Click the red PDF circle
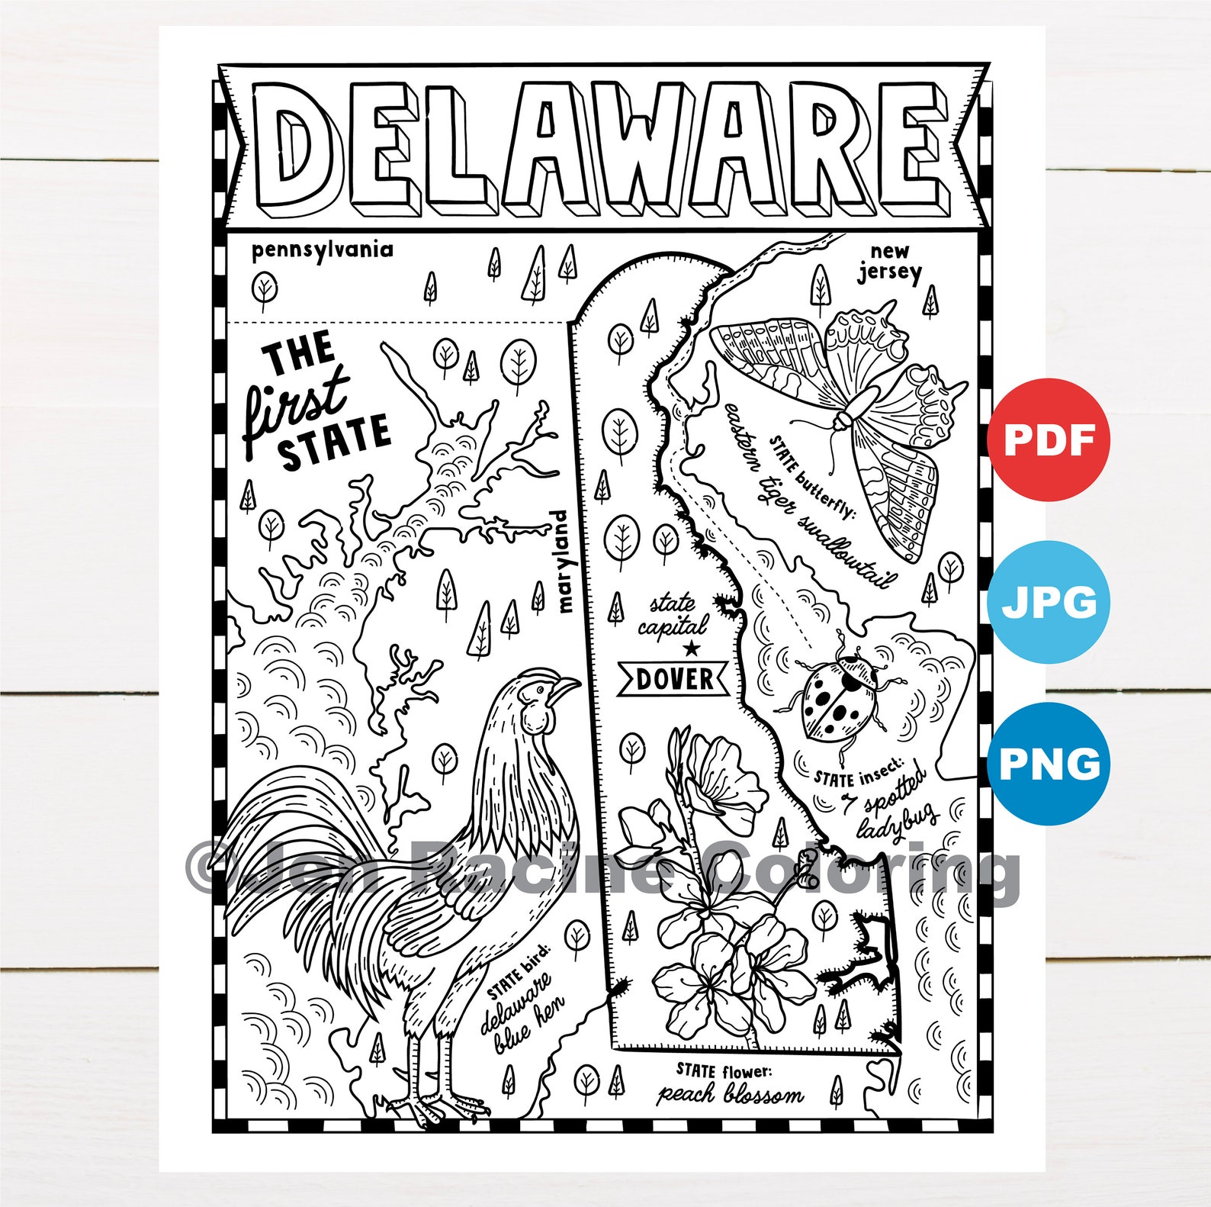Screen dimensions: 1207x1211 tap(1049, 439)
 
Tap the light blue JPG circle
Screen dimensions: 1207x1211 tap(1049, 602)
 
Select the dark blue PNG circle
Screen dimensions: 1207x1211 tap(1049, 764)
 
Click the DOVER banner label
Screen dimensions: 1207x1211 tap(674, 678)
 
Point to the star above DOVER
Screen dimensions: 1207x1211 tap(691, 649)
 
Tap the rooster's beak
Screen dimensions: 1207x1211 tap(565, 687)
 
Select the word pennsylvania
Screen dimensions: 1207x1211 tap(322, 250)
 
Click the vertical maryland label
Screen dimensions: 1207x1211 tap(563, 562)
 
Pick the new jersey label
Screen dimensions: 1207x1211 tap(889, 262)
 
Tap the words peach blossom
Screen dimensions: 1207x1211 tap(730, 1094)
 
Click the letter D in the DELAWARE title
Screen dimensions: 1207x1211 tap(294, 145)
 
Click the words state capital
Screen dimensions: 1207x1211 tap(673, 616)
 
